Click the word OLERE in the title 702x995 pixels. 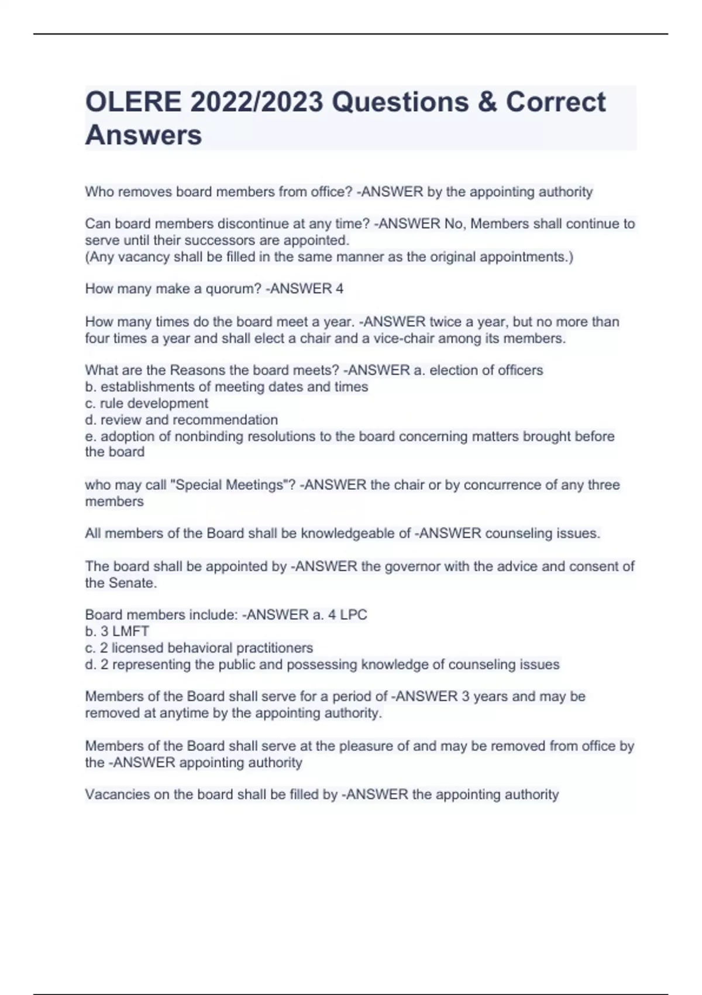[x=133, y=102]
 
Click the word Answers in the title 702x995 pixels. [x=143, y=135]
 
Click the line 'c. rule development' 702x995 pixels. [x=147, y=403]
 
